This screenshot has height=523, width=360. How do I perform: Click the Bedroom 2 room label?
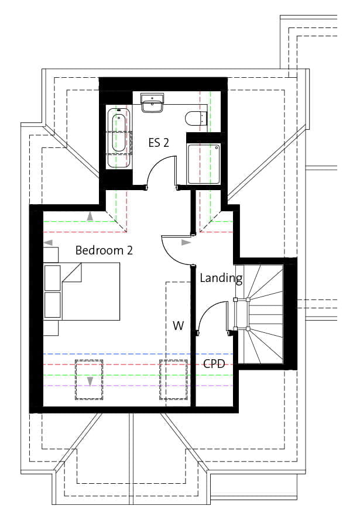tap(104, 250)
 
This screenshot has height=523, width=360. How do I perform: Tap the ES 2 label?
tap(159, 143)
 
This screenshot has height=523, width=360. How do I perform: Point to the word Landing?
tap(221, 278)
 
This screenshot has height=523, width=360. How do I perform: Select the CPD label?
tap(214, 363)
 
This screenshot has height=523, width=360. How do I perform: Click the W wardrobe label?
tap(178, 325)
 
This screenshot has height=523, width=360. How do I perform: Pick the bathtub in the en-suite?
tap(119, 137)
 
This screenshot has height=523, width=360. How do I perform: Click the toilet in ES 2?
tap(196, 118)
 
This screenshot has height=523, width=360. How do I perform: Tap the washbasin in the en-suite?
tap(152, 103)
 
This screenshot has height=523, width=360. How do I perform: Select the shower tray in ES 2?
tap(204, 164)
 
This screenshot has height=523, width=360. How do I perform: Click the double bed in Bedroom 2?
tap(82, 291)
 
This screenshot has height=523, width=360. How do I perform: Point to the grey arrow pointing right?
tap(186, 243)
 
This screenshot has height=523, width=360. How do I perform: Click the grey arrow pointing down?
tap(90, 381)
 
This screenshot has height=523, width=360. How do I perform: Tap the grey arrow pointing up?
tap(90, 216)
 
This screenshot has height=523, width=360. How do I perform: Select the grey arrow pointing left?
tap(49, 243)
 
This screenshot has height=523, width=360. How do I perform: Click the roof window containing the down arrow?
tap(89, 380)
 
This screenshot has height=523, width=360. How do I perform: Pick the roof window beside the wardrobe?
tap(173, 380)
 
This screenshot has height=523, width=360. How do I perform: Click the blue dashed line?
tap(138, 354)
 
